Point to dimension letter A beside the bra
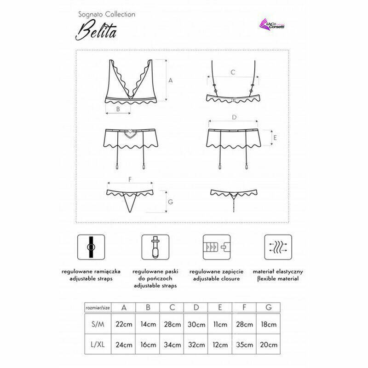(x=170, y=80)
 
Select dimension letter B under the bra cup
(x=118, y=109)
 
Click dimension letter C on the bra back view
(x=233, y=72)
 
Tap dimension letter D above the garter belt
(x=234, y=118)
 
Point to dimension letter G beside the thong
(x=170, y=201)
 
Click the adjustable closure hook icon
(x=216, y=248)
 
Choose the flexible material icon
(x=277, y=248)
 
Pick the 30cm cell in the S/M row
(x=197, y=324)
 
